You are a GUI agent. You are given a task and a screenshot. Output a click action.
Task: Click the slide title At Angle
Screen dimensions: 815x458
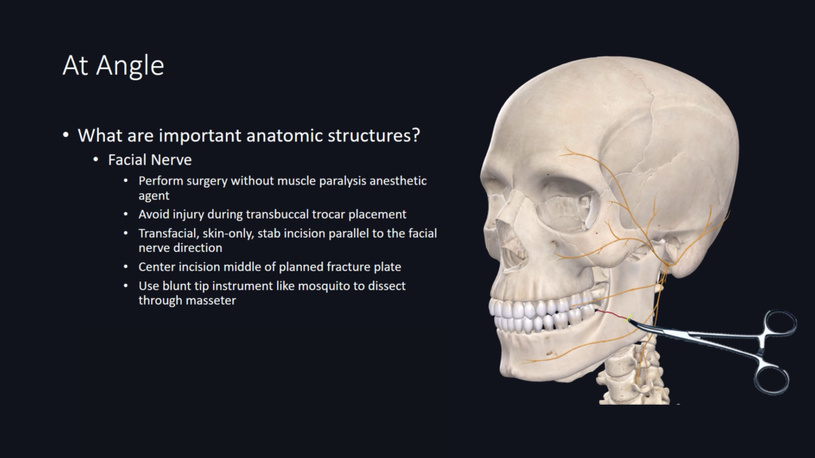coord(113,66)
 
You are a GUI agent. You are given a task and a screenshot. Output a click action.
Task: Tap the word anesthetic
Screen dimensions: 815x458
coord(398,180)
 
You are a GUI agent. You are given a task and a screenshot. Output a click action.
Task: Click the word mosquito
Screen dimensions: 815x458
coord(323,286)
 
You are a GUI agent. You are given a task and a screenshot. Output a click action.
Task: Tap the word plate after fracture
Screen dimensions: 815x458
coord(388,267)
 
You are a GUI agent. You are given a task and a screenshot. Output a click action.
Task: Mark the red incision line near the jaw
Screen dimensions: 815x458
coord(612,315)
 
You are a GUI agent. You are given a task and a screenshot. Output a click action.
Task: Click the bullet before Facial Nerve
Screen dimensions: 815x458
coord(96,159)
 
